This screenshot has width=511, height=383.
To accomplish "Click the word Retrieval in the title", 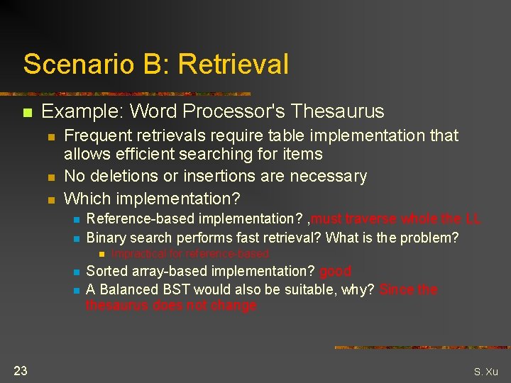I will point(233,64).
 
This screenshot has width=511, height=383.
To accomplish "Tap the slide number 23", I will point(20,370).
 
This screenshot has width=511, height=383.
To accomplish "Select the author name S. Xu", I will point(486,372).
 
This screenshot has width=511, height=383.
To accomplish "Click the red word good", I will point(335,271).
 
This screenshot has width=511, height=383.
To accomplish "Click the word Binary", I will point(105,238).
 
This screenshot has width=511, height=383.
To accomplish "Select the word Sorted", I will point(106,271).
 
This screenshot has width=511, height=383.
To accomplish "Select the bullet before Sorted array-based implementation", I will point(75,272).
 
